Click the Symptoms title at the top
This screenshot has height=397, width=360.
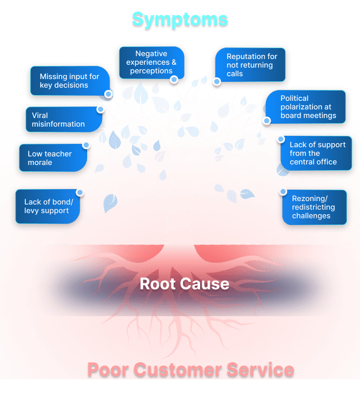179,19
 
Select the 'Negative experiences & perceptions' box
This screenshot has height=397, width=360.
151,62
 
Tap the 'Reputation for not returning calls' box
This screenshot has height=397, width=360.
252,65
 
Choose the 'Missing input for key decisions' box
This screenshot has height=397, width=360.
69,81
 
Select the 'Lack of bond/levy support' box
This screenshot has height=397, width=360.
46,206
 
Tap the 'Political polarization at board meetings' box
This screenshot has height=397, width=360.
308,107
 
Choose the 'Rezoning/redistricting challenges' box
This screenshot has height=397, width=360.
315,207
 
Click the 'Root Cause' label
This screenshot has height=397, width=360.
185,284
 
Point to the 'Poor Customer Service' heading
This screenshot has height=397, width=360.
191,370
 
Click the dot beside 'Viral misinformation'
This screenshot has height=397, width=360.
101,109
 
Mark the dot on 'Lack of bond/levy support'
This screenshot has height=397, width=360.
80,192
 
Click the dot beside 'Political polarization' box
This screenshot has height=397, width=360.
267,120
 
